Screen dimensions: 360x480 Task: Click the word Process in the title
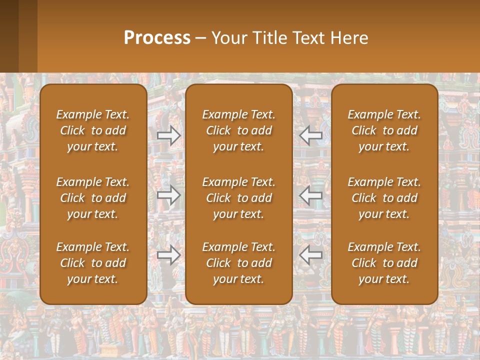pyautogui.click(x=157, y=38)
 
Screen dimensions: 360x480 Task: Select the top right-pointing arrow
pyautogui.click(x=169, y=135)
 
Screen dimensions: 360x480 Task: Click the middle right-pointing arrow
pyautogui.click(x=169, y=195)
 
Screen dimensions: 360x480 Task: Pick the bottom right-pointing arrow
pyautogui.click(x=169, y=255)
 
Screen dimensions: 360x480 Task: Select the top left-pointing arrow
pyautogui.click(x=311, y=135)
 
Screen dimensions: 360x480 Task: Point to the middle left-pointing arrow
pyautogui.click(x=311, y=195)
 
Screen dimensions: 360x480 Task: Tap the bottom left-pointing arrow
pyautogui.click(x=311, y=255)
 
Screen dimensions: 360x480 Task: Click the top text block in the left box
pyautogui.click(x=93, y=130)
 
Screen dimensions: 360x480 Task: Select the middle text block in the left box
pyautogui.click(x=93, y=198)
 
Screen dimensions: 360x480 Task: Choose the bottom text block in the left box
pyautogui.click(x=93, y=263)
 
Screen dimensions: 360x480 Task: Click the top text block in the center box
pyautogui.click(x=239, y=130)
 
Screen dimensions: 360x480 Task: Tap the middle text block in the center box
pyautogui.click(x=239, y=198)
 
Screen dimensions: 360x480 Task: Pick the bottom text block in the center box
pyautogui.click(x=239, y=263)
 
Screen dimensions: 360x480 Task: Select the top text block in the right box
pyautogui.click(x=384, y=130)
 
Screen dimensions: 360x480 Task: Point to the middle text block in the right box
pyautogui.click(x=384, y=198)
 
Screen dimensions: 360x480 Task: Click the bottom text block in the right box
pyautogui.click(x=384, y=263)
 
